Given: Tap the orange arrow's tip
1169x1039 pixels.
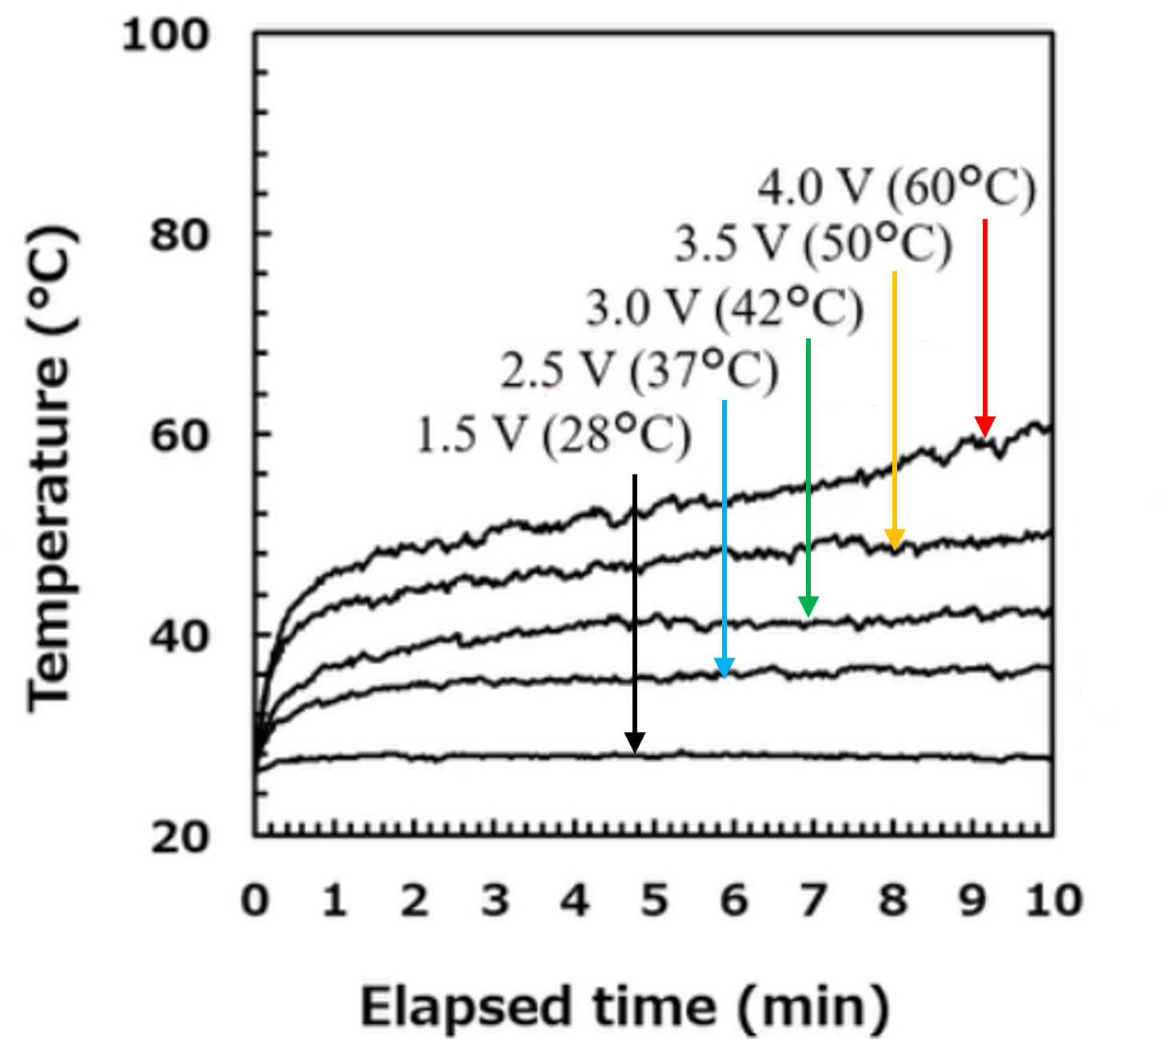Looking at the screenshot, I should pos(895,549).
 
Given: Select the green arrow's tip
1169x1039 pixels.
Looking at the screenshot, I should pos(808,617).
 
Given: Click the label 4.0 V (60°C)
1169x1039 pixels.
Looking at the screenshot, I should pos(896,189).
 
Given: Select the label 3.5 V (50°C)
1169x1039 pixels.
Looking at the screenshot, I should pos(813,244).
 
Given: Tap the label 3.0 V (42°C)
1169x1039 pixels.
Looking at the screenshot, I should pos(724,308).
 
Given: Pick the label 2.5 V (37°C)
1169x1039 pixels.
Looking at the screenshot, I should pos(639,371).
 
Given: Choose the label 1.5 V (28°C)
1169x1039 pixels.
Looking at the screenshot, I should pos(553,437).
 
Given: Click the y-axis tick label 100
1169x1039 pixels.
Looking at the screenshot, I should pos(166,36).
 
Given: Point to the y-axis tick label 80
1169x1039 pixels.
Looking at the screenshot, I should pos(179,235).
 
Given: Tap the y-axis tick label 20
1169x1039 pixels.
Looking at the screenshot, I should pos(179,837).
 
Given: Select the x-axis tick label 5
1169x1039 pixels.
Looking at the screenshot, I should pos(654,901).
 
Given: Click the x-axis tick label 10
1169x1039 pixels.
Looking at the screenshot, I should pos(1054,901).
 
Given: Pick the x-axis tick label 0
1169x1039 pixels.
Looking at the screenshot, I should pos(255,901).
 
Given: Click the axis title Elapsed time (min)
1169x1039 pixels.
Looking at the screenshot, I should pos(624,1007).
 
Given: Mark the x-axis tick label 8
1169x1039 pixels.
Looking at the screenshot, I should pos(893,901).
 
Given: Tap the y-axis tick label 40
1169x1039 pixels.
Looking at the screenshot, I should pos(179,637).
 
